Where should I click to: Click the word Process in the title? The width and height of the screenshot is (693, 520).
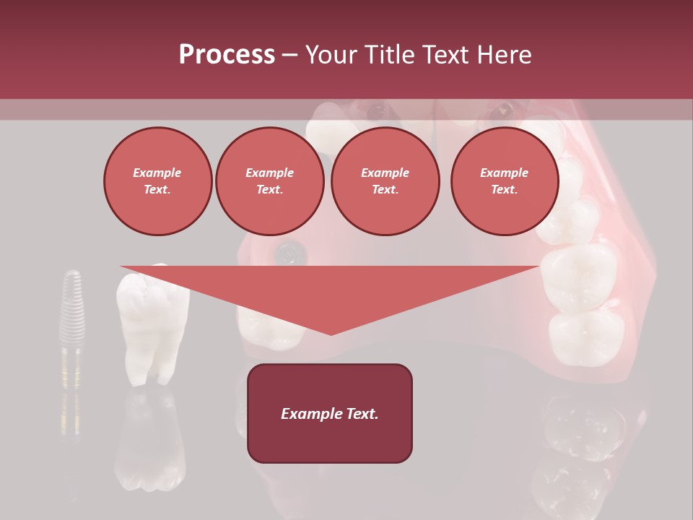(x=227, y=55)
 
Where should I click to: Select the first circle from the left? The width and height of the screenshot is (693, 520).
(x=157, y=181)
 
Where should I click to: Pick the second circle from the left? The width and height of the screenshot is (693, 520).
(x=269, y=181)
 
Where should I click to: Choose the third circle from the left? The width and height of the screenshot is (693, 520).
(x=385, y=181)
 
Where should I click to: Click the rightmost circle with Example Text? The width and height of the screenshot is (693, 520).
(x=504, y=181)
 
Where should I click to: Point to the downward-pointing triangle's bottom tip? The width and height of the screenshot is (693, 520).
(x=331, y=334)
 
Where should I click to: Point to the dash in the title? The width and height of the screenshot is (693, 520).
(x=289, y=55)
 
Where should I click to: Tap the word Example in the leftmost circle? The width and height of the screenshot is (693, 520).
(x=157, y=173)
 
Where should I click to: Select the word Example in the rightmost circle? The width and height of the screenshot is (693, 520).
(x=504, y=173)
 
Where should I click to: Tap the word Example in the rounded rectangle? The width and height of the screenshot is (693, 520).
(x=310, y=414)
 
